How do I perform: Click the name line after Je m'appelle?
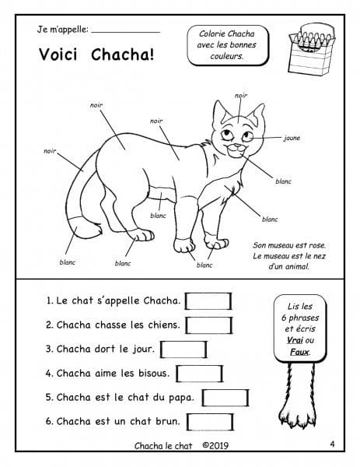click(125, 32)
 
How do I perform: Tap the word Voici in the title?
click(58, 54)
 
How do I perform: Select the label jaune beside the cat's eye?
click(292, 138)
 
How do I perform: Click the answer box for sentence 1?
click(208, 301)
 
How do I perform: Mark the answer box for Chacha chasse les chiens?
click(209, 325)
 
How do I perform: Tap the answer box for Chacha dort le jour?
click(183, 349)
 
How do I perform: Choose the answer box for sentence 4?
click(199, 374)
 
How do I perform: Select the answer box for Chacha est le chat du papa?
click(225, 398)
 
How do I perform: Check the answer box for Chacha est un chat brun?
click(210, 422)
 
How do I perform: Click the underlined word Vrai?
click(295, 340)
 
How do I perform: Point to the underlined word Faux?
click(299, 352)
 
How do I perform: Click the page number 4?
click(332, 444)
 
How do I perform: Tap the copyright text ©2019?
click(215, 445)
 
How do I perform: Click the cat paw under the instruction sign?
click(298, 395)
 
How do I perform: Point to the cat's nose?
click(237, 146)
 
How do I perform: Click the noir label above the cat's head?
click(241, 95)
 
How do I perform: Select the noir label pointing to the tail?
click(50, 151)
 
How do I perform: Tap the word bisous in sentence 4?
click(154, 373)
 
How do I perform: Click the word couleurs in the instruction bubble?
click(227, 56)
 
